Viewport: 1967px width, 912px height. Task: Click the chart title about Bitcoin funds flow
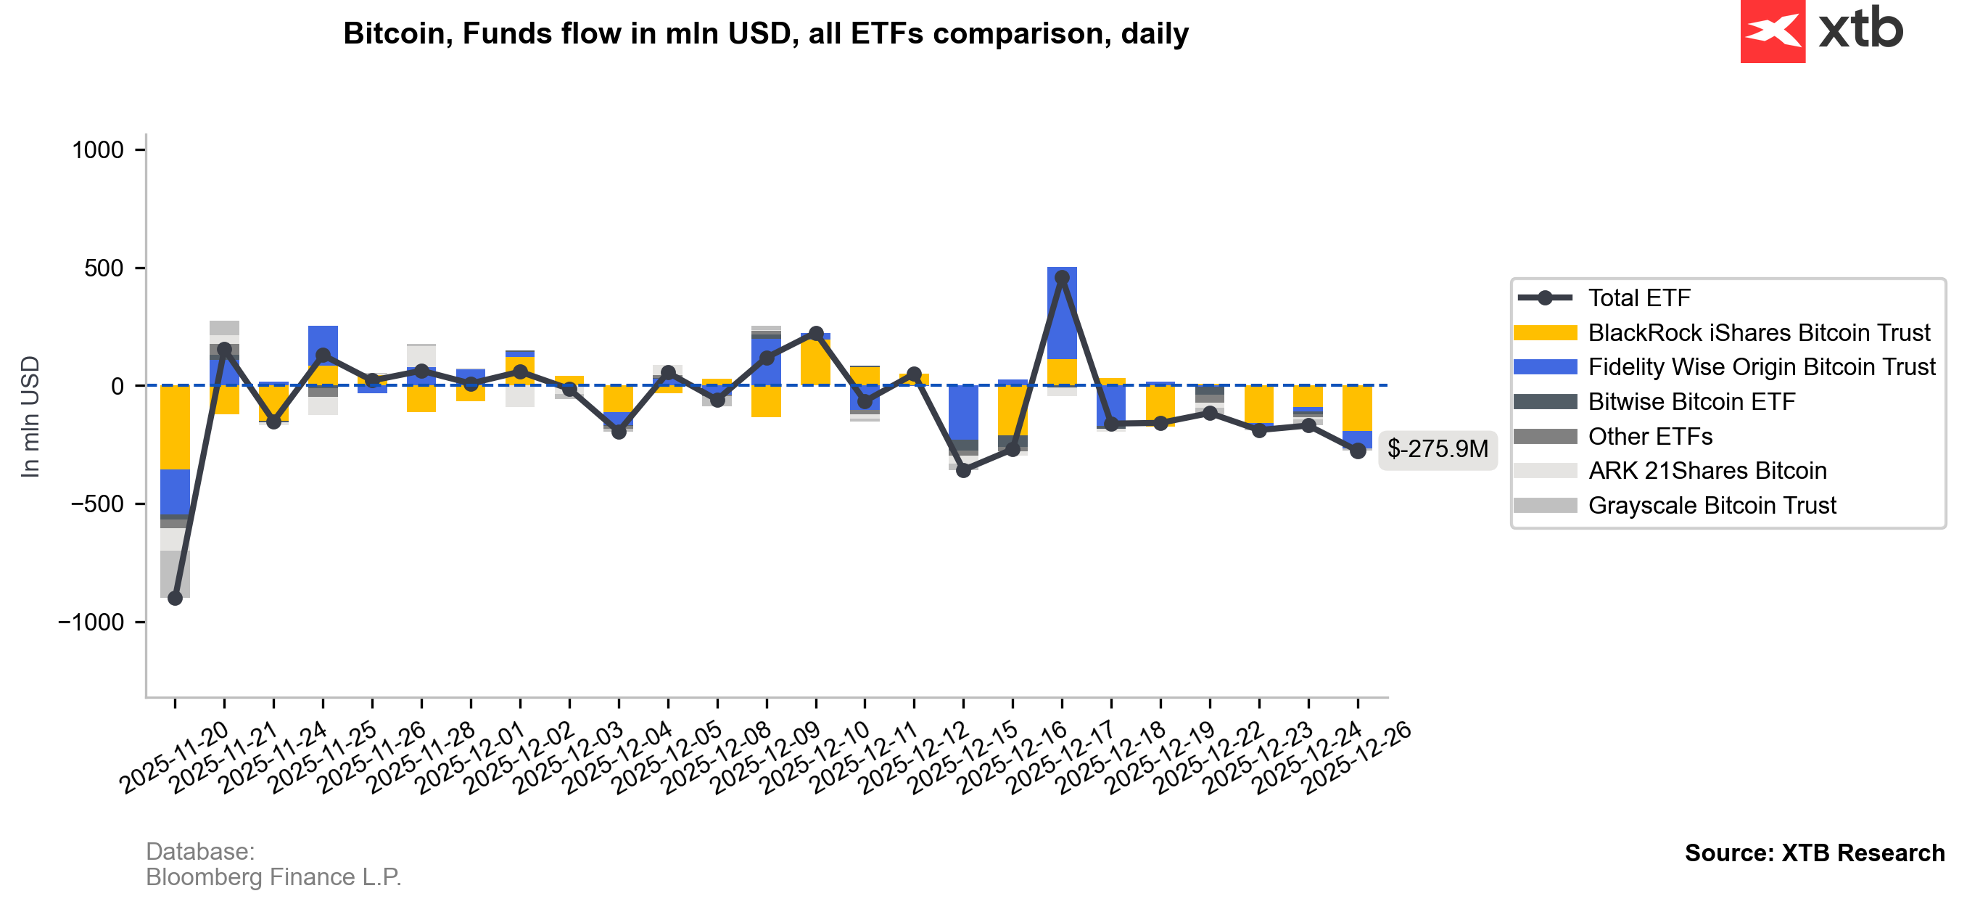point(765,33)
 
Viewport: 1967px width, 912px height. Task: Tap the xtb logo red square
point(1773,31)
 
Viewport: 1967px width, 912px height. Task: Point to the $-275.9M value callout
point(1437,448)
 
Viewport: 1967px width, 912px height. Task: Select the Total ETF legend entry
point(1638,298)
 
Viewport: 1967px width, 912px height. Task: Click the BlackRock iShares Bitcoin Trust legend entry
point(1758,333)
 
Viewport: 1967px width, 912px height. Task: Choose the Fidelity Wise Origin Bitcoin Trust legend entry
point(1761,367)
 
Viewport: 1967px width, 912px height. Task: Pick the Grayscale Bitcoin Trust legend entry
point(1711,506)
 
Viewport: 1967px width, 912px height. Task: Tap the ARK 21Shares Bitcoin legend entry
point(1707,472)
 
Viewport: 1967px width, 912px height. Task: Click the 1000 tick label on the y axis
point(98,150)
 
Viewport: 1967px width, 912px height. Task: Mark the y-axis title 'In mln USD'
point(30,417)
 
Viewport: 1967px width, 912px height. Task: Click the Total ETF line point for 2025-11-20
point(175,598)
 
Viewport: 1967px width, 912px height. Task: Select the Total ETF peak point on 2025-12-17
point(1061,278)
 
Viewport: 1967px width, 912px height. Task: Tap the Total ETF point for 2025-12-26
point(1358,451)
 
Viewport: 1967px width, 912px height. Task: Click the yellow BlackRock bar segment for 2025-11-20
point(175,428)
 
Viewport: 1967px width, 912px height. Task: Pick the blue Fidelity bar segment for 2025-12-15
point(963,412)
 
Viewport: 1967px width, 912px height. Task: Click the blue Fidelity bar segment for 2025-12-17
point(1061,313)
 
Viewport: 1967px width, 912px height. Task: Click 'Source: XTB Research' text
point(1814,853)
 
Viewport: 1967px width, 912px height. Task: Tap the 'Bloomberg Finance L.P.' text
point(273,878)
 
